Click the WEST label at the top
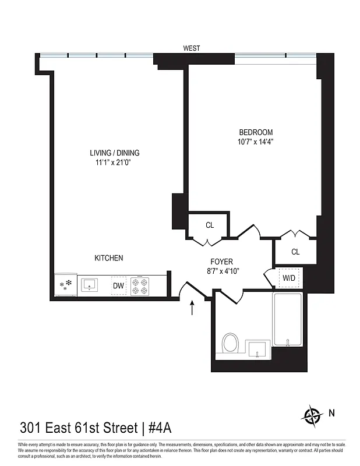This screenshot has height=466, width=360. [192, 48]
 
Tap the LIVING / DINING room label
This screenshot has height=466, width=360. [115, 153]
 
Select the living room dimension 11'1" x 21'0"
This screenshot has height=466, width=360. [115, 163]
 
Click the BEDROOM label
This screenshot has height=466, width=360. [255, 132]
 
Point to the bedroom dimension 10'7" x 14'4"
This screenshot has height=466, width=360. [255, 142]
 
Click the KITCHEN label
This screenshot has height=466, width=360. [109, 258]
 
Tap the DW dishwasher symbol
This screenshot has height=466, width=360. [118, 285]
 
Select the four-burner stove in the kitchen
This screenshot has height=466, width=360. [140, 285]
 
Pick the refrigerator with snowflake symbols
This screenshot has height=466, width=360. [65, 285]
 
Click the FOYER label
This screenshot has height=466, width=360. [222, 262]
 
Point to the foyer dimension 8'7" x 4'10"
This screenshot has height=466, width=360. [222, 271]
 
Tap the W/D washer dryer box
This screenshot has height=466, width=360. [288, 277]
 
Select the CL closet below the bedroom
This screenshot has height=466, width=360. [295, 252]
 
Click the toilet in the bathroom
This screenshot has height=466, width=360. [231, 343]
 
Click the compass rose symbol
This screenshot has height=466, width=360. [312, 415]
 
